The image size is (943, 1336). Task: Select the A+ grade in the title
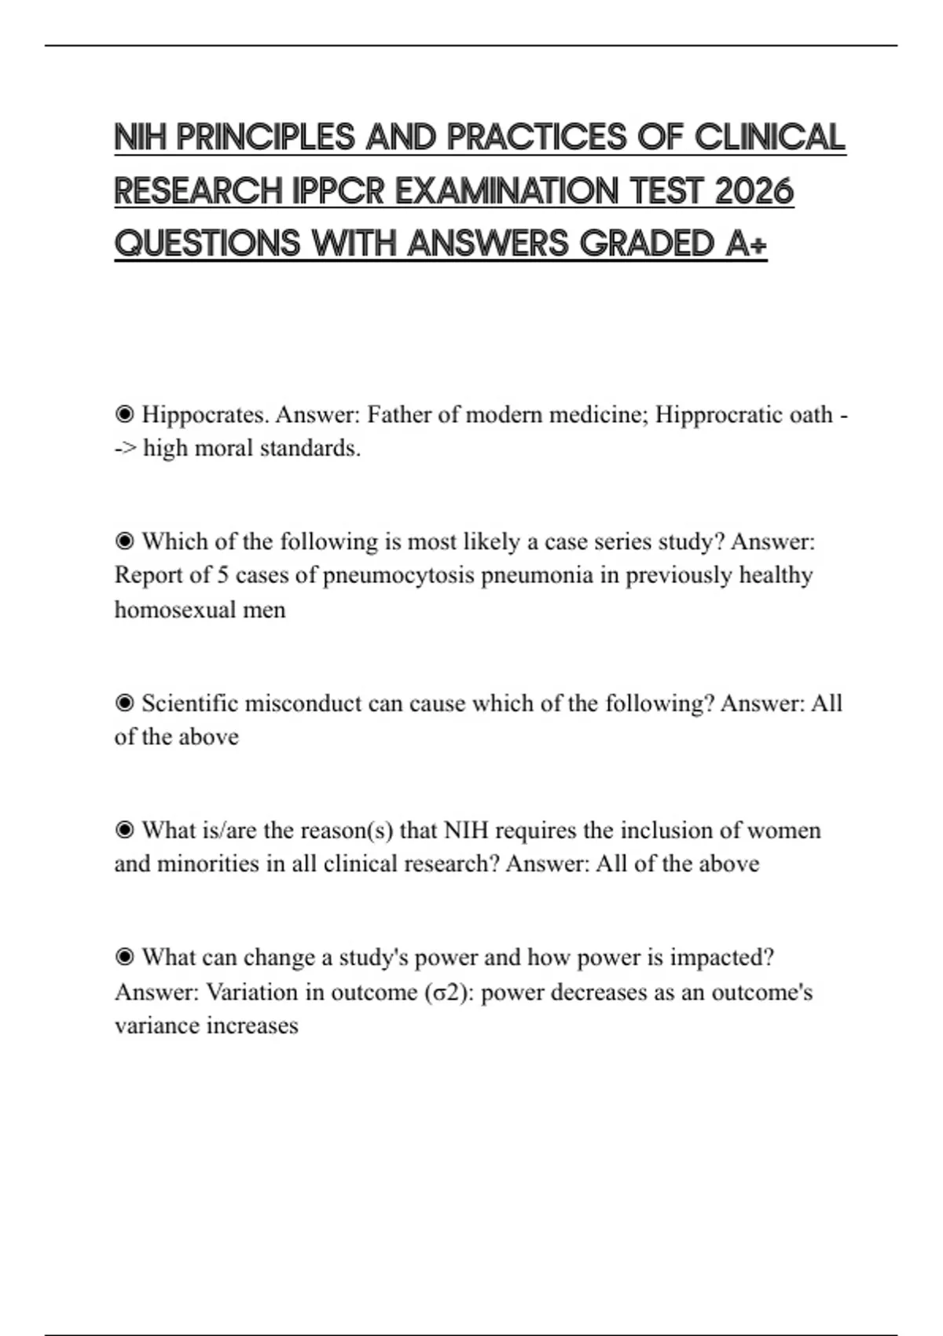pyautogui.click(x=746, y=244)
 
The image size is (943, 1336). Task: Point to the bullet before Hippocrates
pyautogui.click(x=124, y=414)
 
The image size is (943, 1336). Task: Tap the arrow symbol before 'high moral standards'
pyautogui.click(x=125, y=449)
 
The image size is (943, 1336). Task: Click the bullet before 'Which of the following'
pyautogui.click(x=124, y=541)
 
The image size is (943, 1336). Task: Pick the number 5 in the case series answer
pyautogui.click(x=222, y=575)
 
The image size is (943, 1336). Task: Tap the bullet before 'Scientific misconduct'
pyautogui.click(x=124, y=703)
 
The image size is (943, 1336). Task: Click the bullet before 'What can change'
pyautogui.click(x=124, y=957)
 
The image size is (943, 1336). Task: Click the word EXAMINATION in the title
pyautogui.click(x=507, y=191)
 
